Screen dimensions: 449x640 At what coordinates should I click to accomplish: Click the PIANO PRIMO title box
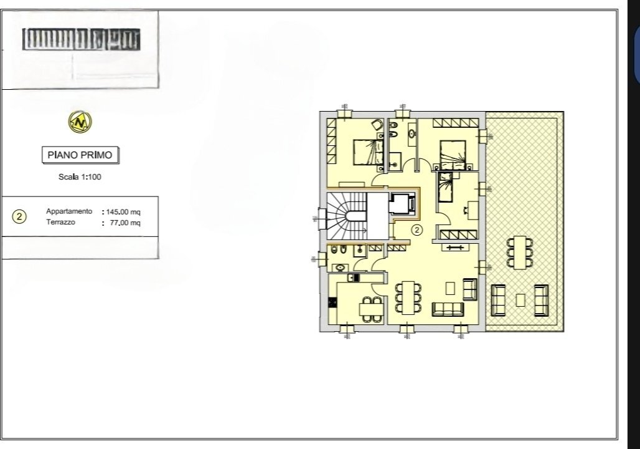pos(80,155)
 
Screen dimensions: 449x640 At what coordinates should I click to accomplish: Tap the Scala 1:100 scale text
pos(80,177)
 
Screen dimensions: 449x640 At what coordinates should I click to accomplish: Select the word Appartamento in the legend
pos(69,212)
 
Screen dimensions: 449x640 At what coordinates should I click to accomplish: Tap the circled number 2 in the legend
pos(20,217)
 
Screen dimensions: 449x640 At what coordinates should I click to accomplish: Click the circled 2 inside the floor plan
pos(417,229)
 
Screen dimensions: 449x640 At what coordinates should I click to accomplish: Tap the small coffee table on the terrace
pos(520,300)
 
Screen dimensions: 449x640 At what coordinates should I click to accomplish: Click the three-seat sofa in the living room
pos(448,309)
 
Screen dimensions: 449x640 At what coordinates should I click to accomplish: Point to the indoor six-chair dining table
pos(408,297)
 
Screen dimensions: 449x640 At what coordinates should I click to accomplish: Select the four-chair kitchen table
pos(371,309)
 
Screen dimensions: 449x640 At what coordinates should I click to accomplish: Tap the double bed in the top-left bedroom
pos(364,152)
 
